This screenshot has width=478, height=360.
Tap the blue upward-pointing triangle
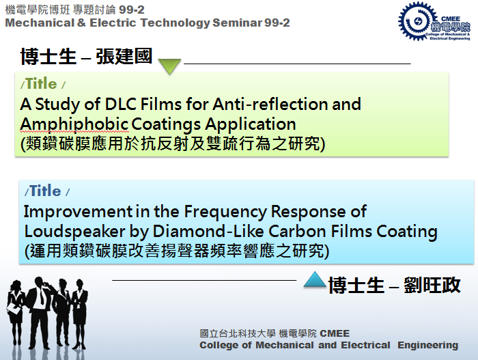click(315, 279)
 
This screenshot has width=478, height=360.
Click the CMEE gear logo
click(434, 21)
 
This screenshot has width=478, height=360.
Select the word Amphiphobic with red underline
click(74, 124)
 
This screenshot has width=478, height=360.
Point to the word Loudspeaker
click(74, 232)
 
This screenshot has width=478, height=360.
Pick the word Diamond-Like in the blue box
click(208, 231)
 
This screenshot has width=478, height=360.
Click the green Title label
click(42, 83)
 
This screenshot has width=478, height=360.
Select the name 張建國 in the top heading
click(124, 57)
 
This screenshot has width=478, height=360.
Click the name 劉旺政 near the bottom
click(432, 286)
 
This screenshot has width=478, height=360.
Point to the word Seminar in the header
click(237, 23)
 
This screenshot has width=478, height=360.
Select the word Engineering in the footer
click(427, 345)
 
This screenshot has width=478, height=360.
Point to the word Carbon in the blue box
click(297, 231)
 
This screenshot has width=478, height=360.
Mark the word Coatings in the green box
click(166, 124)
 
